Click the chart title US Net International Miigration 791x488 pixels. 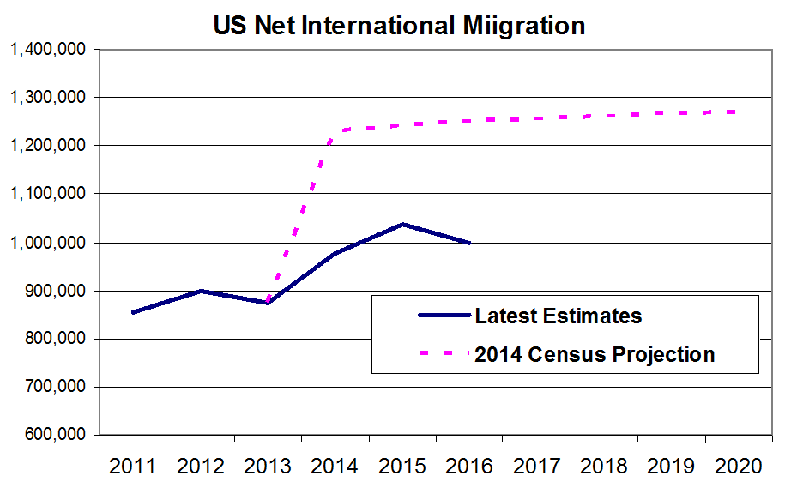click(399, 26)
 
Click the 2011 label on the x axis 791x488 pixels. click(133, 467)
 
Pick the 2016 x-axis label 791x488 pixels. click(469, 467)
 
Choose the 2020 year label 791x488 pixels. click(739, 467)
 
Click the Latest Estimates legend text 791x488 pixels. click(558, 316)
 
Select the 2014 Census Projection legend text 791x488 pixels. click(595, 353)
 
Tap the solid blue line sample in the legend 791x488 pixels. click(444, 316)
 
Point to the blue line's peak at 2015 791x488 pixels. click(402, 225)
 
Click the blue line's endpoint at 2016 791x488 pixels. click(469, 243)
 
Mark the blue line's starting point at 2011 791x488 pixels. click(133, 312)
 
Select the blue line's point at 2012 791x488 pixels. click(201, 291)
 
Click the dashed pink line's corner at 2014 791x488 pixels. click(335, 130)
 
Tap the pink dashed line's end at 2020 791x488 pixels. click(738, 111)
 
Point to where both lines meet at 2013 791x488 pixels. click(268, 303)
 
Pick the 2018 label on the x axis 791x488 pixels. click(604, 467)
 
